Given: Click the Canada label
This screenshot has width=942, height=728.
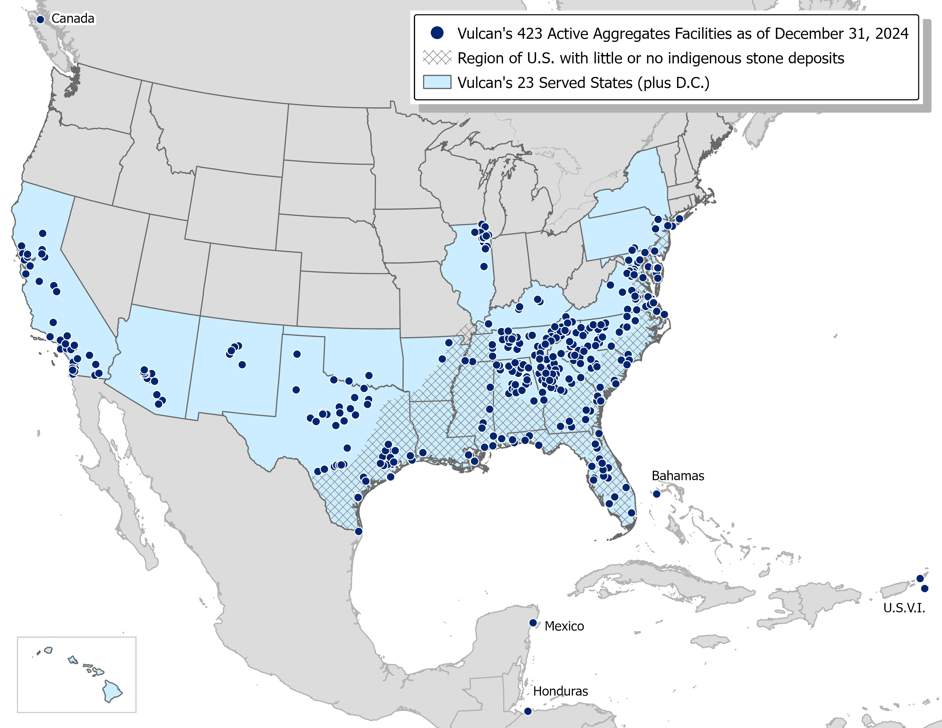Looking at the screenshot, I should [x=73, y=19].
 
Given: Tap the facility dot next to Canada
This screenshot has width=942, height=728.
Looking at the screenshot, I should [x=41, y=19].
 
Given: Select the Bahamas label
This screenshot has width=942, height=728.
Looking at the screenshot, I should [x=678, y=476].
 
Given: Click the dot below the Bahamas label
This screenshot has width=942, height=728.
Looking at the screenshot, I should [x=657, y=494].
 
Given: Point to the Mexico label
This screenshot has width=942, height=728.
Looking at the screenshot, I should [x=564, y=626].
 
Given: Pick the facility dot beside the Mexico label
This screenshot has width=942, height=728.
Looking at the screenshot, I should [x=533, y=623].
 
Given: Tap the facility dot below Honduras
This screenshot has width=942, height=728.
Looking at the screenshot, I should [x=528, y=711].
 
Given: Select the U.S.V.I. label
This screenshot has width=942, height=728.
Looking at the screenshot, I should [x=904, y=608].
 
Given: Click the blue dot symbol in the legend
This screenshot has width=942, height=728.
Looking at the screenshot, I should [x=437, y=33].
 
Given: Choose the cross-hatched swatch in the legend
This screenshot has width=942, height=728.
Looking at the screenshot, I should [x=437, y=57].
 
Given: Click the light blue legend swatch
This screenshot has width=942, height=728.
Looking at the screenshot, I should [x=437, y=82].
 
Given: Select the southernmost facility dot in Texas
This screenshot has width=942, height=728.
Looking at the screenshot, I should [x=359, y=531].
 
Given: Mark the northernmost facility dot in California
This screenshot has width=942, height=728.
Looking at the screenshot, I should [x=42, y=233].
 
